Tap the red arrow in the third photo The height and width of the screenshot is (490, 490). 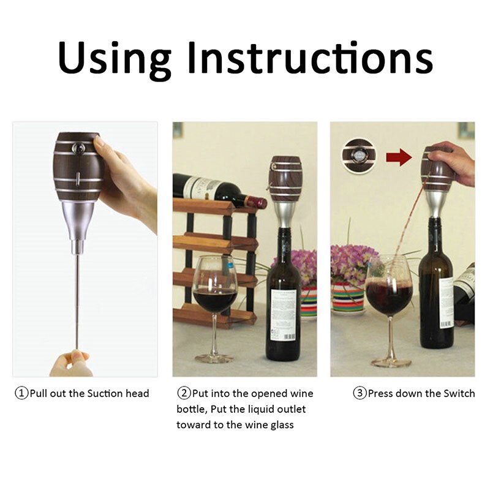click(399, 157)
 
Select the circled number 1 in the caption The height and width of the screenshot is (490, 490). click(21, 393)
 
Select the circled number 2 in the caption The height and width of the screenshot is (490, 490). click(184, 393)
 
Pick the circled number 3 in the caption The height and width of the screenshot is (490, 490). click(360, 393)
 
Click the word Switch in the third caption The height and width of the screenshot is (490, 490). click(458, 393)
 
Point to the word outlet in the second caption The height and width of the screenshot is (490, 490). click(288, 409)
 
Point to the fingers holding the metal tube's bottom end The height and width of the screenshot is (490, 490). click(72, 361)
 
